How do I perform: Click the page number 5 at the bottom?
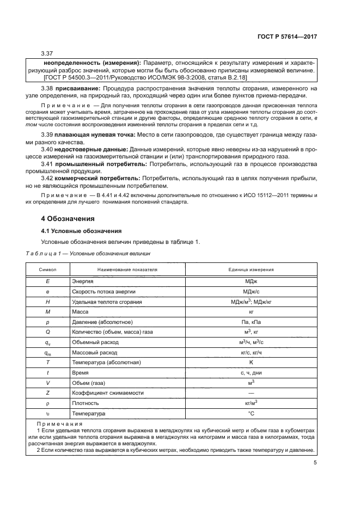point(315,463)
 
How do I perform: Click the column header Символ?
point(47,269)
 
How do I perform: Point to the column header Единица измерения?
point(251,269)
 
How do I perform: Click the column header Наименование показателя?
point(127,269)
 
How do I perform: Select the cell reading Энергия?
point(83,281)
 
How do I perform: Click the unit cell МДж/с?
point(251,291)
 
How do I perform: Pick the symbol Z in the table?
point(47,393)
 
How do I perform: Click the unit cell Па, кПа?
point(251,322)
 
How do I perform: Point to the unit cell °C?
point(251,414)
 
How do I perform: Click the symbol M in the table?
point(47,312)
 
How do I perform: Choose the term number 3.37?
point(47,53)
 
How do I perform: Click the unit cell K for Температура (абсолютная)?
point(251,363)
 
